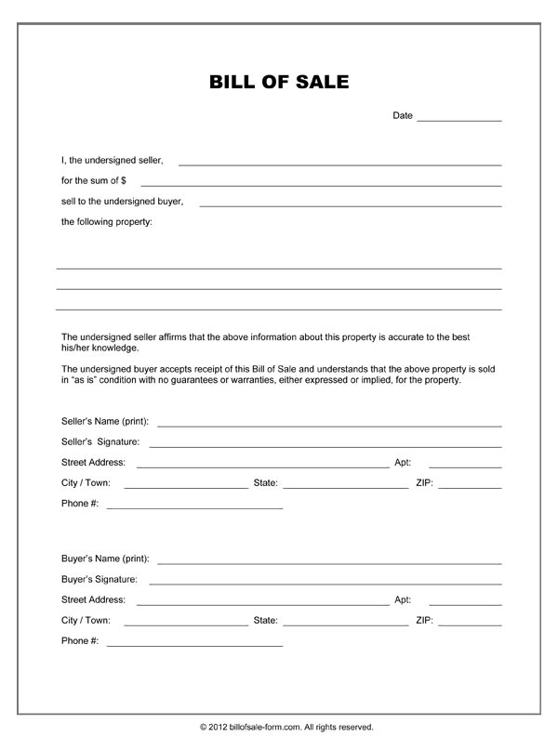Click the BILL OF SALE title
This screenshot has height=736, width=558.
(279, 82)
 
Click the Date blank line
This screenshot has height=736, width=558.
(458, 118)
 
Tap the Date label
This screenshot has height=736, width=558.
(403, 116)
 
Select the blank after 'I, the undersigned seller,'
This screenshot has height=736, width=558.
(339, 162)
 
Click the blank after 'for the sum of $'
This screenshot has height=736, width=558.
(321, 182)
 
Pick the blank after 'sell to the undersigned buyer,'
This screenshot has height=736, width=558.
(350, 203)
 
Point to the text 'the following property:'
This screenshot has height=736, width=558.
(107, 222)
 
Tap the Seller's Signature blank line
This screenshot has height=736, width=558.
(325, 444)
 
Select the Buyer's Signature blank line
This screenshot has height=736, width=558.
(325, 582)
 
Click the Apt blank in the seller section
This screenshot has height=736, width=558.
(464, 464)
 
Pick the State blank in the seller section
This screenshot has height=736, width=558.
(345, 485)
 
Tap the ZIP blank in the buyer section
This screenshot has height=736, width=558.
(470, 622)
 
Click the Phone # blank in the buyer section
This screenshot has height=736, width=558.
(194, 643)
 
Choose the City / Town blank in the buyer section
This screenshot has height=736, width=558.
(185, 622)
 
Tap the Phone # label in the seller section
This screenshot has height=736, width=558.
(80, 504)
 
